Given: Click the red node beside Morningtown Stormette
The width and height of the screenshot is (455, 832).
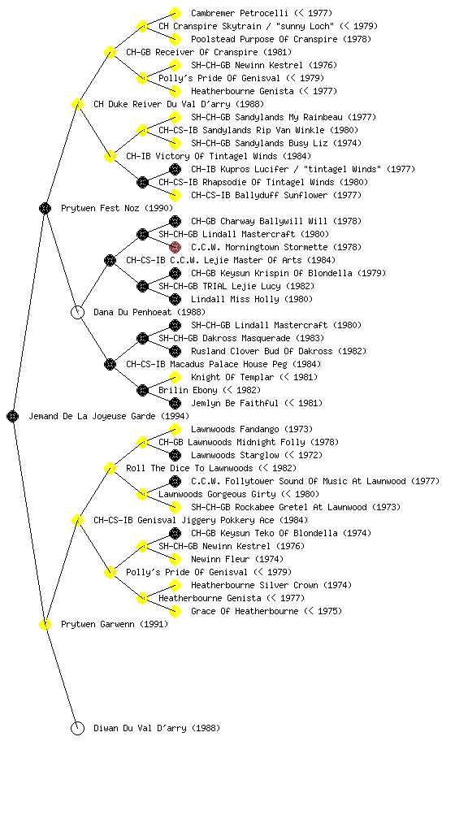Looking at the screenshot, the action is point(175,247).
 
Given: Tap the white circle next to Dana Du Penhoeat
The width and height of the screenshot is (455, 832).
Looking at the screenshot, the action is point(77,312).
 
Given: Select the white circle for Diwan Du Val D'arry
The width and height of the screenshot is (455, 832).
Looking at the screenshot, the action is point(77,728).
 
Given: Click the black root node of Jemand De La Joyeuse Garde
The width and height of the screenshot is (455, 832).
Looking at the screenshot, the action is point(13,416).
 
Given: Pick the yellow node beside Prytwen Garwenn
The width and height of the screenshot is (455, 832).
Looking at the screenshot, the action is point(45,624).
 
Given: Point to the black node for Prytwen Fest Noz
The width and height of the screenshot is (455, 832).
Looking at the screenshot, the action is point(45,208).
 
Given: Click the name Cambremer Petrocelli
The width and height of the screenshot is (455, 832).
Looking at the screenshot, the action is point(240,13).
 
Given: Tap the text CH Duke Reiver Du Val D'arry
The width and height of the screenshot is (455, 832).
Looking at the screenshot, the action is point(162,104).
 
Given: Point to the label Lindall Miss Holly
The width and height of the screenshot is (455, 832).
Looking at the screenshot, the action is point(235,299).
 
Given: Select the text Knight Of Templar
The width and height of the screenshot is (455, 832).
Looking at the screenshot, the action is point(232,377).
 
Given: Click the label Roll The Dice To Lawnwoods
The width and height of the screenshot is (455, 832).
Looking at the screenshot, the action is point(189,468).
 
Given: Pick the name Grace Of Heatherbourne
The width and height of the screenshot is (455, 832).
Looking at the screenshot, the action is point(245,611).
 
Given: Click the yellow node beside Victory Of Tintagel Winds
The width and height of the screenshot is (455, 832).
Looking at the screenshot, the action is point(110,156).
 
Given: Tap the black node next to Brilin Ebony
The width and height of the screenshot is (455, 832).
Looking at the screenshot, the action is point(142,390).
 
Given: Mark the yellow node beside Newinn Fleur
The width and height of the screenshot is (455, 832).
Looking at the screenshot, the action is point(175,559).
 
